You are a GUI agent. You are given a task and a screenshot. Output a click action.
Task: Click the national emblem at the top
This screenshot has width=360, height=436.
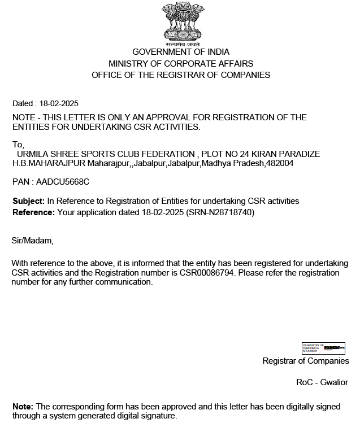(x=181, y=23)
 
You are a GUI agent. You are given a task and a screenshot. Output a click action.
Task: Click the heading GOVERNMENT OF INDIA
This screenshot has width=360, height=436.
(x=181, y=53)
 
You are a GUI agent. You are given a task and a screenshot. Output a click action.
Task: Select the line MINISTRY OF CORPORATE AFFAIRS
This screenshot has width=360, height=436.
(x=181, y=64)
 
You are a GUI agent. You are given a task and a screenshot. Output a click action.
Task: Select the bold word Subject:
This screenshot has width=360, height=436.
(x=28, y=201)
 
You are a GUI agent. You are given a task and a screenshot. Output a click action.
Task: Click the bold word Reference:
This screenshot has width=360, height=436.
(x=34, y=212)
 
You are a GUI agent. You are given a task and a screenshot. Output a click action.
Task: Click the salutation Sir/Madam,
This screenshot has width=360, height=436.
(x=32, y=241)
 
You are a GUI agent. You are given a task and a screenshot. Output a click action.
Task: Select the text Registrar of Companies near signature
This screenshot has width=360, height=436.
(x=306, y=361)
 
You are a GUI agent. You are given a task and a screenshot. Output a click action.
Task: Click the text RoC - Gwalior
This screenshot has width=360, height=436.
(x=322, y=382)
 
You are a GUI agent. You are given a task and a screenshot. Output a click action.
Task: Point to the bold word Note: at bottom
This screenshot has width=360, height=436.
(x=23, y=407)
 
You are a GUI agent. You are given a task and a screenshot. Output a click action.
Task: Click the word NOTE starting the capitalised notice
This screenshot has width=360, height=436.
(x=23, y=117)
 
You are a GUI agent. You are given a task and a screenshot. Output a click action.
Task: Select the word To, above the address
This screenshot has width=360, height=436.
(x=18, y=145)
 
